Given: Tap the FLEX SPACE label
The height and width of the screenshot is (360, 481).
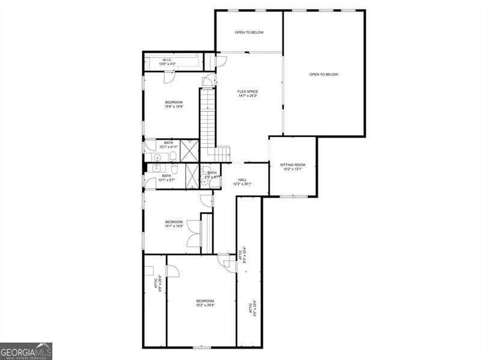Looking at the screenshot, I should pyautogui.click(x=248, y=91).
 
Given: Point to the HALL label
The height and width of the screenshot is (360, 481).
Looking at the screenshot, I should pyautogui.click(x=242, y=180).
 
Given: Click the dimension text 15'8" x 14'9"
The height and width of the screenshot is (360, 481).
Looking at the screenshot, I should pyautogui.click(x=174, y=107).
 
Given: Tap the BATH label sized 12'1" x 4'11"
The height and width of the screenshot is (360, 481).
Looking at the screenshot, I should pyautogui.click(x=168, y=142).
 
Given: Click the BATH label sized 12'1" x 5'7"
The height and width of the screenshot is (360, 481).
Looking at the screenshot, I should pyautogui.click(x=166, y=175).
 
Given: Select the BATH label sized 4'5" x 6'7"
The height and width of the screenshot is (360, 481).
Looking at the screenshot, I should pyautogui.click(x=212, y=173).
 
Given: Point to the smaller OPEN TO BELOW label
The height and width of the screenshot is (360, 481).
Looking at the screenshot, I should pyautogui.click(x=249, y=32).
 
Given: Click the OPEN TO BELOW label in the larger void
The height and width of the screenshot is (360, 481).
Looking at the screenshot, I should pyautogui.click(x=323, y=75).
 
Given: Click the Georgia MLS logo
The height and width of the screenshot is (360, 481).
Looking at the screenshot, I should pyautogui.click(x=26, y=351).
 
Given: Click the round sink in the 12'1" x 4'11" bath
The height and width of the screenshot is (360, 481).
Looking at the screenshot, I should pyautogui.click(x=157, y=158).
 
